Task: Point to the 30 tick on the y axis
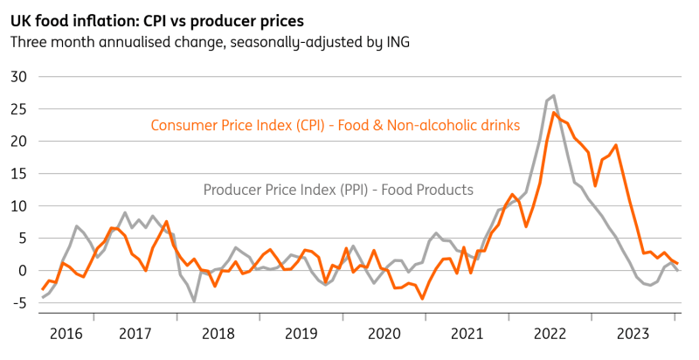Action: pyautogui.click(x=19, y=77)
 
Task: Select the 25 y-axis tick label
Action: pyautogui.click(x=19, y=109)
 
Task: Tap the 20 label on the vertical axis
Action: pyautogui.click(x=19, y=142)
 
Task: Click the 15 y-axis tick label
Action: pyautogui.click(x=19, y=174)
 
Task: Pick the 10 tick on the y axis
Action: pyautogui.click(x=19, y=206)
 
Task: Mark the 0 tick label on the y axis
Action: pyautogui.click(x=24, y=271)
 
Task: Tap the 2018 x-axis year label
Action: pyautogui.click(x=218, y=334)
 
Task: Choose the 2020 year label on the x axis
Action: pyautogui.click(x=384, y=334)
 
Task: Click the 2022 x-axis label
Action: pyautogui.click(x=551, y=334)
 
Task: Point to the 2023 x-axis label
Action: pyautogui.click(x=634, y=334)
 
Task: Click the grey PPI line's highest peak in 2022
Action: pyautogui.click(x=554, y=95)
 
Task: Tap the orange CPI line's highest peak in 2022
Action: pyautogui.click(x=554, y=113)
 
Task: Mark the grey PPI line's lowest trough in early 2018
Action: pyautogui.click(x=195, y=301)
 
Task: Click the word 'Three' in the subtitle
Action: pyautogui.click(x=29, y=41)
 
